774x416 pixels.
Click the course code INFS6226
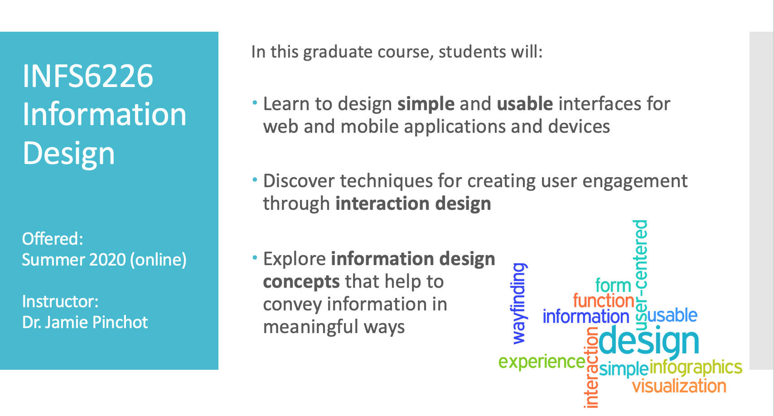tap(88, 76)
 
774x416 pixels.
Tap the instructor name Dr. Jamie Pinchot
tap(85, 322)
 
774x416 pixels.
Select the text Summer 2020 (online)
tap(104, 260)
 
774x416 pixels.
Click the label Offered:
tap(53, 239)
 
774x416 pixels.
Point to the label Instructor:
tap(60, 302)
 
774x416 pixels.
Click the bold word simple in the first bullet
tap(426, 104)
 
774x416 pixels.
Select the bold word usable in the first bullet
tap(525, 104)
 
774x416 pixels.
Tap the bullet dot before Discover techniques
tap(255, 179)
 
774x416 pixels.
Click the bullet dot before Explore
tap(255, 257)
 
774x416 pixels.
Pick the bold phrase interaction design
tap(413, 203)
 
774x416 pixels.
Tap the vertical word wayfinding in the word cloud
tap(519, 304)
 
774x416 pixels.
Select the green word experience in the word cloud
tap(542, 362)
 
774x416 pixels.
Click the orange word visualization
tap(679, 386)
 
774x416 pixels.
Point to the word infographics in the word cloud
tap(696, 367)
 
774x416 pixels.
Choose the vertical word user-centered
tap(640, 275)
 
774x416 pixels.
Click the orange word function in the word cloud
tap(604, 300)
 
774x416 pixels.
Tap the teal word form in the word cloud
tap(613, 285)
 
